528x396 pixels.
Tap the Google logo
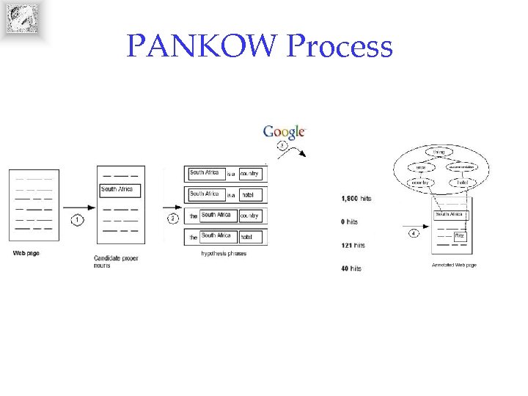click(x=284, y=132)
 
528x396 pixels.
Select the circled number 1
click(x=78, y=219)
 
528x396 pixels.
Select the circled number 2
click(x=173, y=219)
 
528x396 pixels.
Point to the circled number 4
click(x=414, y=233)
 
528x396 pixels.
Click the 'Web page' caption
click(x=25, y=253)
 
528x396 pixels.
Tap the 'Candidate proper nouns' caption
click(x=116, y=261)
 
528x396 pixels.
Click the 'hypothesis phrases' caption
click(x=224, y=254)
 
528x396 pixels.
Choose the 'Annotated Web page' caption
click(x=453, y=265)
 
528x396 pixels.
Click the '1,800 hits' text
click(x=356, y=198)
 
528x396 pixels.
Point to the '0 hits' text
click(x=350, y=221)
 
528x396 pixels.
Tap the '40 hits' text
click(x=351, y=268)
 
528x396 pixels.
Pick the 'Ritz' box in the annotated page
click(x=460, y=236)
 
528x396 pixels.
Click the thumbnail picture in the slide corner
click(x=22, y=19)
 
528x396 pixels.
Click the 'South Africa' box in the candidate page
click(x=119, y=190)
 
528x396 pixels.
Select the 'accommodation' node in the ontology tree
click(x=462, y=167)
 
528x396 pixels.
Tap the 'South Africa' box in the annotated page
click(x=451, y=214)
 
